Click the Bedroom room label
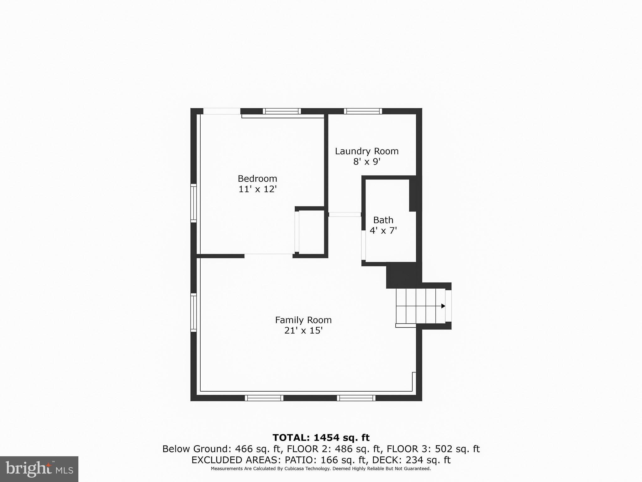(257, 179)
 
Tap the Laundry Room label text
(367, 151)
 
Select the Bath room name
(383, 220)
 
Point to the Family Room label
(303, 320)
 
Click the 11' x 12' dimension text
(257, 189)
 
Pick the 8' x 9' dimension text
(367, 162)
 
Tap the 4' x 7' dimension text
(383, 231)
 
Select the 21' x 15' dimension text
(303, 331)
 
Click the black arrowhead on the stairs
(443, 306)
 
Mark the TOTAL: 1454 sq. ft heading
(321, 437)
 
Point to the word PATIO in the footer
(299, 460)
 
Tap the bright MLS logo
(39, 469)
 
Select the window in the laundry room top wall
(363, 111)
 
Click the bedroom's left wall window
(193, 203)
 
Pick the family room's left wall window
(193, 313)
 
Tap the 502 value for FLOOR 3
(444, 449)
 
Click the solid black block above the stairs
(403, 275)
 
